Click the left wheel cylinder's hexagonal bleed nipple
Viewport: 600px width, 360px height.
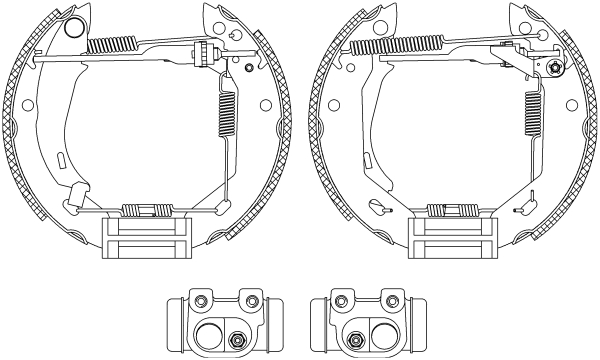pyautogui.click(x=238, y=338)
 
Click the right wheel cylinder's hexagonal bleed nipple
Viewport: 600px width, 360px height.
pyautogui.click(x=354, y=338)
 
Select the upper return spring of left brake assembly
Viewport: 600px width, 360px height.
pyautogui.click(x=113, y=45)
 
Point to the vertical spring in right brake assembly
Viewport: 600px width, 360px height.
pyautogui.click(x=531, y=110)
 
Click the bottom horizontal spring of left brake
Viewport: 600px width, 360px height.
pyautogui.click(x=144, y=210)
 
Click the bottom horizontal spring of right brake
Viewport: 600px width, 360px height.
pyautogui.click(x=450, y=210)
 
